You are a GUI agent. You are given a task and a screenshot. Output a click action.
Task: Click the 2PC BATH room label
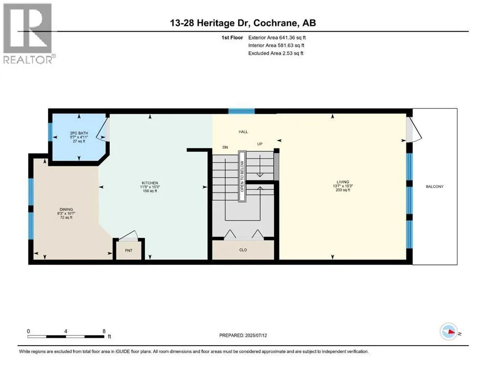click(79, 133)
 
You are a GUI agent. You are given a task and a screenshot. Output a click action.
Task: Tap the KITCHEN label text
click(150, 183)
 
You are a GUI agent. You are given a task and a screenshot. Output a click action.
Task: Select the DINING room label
click(67, 210)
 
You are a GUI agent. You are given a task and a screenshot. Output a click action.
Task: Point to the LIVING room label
click(343, 182)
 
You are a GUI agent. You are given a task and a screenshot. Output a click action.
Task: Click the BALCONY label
click(435, 187)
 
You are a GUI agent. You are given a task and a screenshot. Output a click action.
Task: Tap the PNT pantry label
click(129, 251)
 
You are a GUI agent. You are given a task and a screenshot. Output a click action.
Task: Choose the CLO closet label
click(243, 250)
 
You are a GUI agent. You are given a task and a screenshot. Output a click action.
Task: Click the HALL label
click(243, 132)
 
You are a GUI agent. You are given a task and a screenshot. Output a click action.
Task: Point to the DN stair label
click(225, 147)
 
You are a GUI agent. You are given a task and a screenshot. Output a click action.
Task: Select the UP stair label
click(260, 144)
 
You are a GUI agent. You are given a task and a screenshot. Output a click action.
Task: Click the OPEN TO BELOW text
click(242, 176)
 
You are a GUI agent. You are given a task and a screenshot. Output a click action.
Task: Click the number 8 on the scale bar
click(104, 331)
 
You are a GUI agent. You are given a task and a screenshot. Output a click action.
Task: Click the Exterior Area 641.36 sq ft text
click(277, 38)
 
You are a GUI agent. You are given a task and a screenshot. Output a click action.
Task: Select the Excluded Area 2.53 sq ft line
click(276, 53)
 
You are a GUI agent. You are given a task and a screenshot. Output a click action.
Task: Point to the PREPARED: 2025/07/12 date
click(243, 335)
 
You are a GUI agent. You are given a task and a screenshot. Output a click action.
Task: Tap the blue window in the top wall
click(242, 111)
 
